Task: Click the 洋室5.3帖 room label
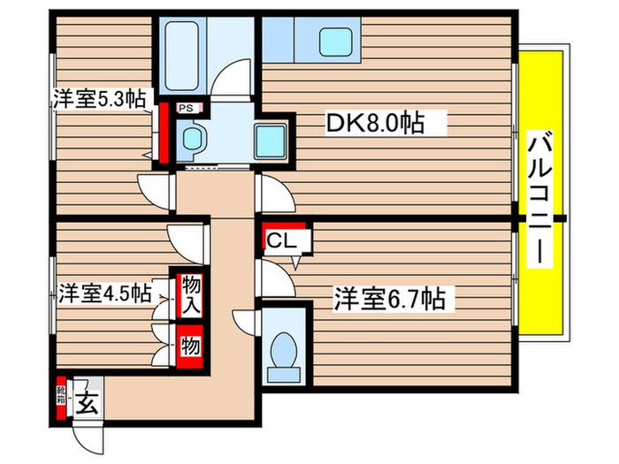(x=99, y=99)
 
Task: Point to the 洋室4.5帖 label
(x=104, y=292)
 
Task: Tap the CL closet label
(x=282, y=239)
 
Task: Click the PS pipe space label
(x=187, y=109)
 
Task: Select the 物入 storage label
(x=189, y=295)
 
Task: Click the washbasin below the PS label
(x=191, y=137)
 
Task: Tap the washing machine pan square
(x=269, y=139)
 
